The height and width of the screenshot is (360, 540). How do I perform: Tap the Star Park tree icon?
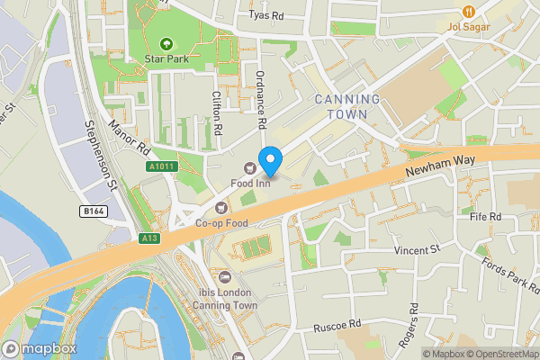(x=166, y=43)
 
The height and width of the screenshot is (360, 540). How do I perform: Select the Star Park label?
(x=166, y=59)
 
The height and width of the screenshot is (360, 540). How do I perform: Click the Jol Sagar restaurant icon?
(x=468, y=11)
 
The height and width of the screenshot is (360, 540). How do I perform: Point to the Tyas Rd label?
(x=265, y=15)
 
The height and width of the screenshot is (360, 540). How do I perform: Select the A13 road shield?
(x=149, y=238)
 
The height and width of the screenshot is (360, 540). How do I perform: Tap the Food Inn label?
(x=250, y=184)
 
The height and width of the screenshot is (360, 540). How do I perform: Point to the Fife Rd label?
(x=484, y=217)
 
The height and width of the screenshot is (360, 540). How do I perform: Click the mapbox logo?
(x=40, y=348)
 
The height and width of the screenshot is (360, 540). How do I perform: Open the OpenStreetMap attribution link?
(x=499, y=353)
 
